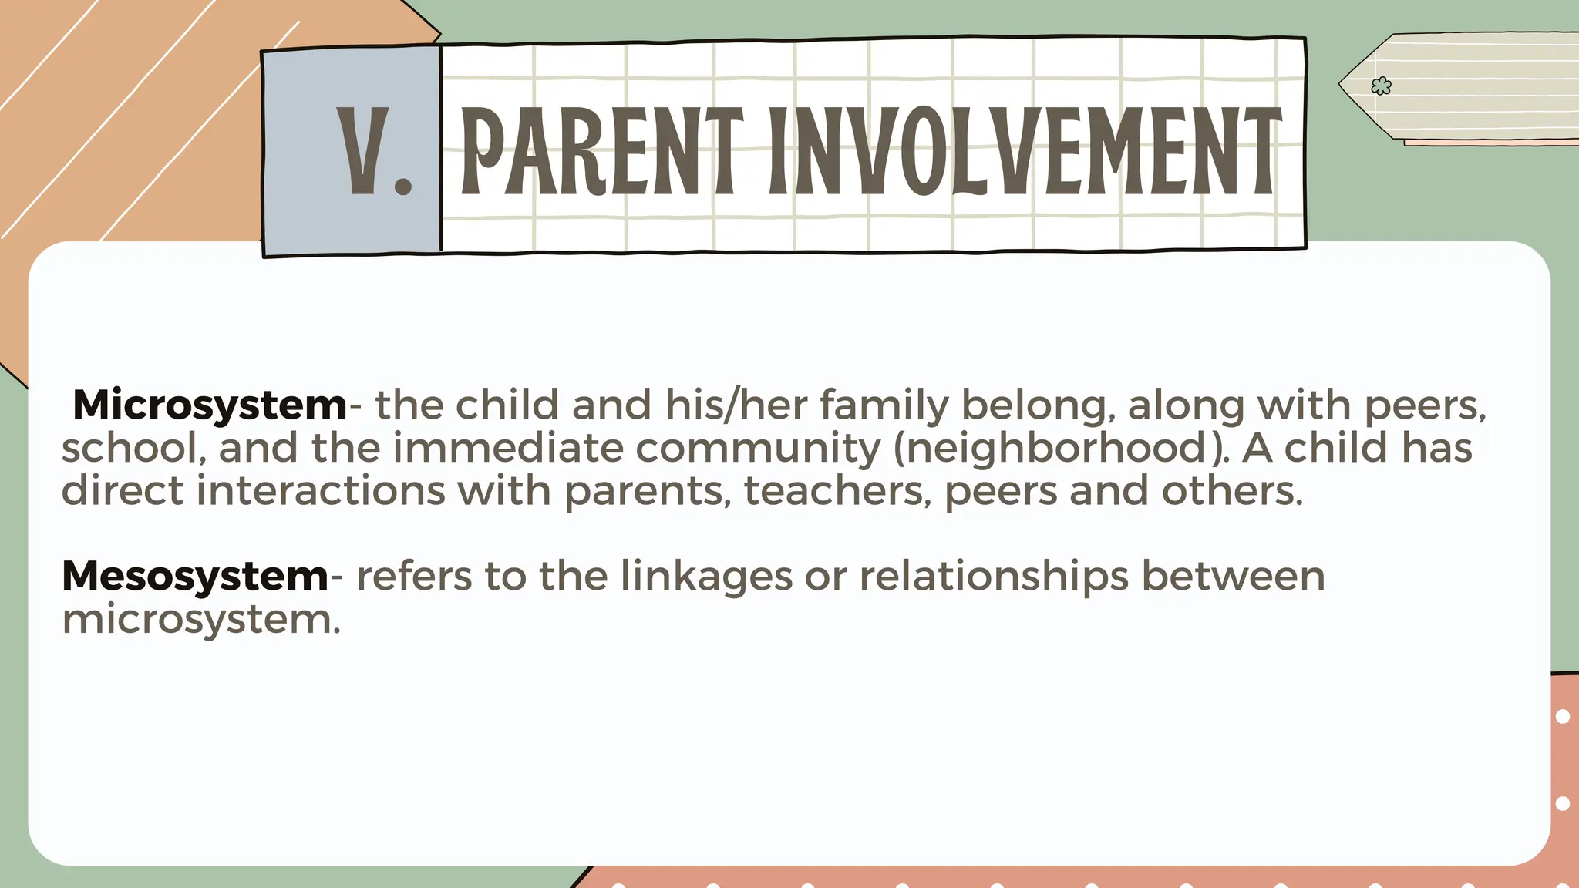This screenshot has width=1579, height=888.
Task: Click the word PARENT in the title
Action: [601, 151]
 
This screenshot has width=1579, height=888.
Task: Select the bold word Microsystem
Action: [210, 405]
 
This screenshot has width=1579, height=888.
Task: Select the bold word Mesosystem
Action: [195, 577]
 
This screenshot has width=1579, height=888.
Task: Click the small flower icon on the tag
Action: [1381, 86]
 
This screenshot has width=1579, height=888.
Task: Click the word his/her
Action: [736, 405]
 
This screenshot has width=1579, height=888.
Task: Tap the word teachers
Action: [838, 491]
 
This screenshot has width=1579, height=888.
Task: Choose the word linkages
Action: [706, 577]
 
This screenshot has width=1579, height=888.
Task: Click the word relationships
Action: [995, 577]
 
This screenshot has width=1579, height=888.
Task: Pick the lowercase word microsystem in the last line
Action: [200, 620]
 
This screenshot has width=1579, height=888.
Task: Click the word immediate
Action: [508, 449]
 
